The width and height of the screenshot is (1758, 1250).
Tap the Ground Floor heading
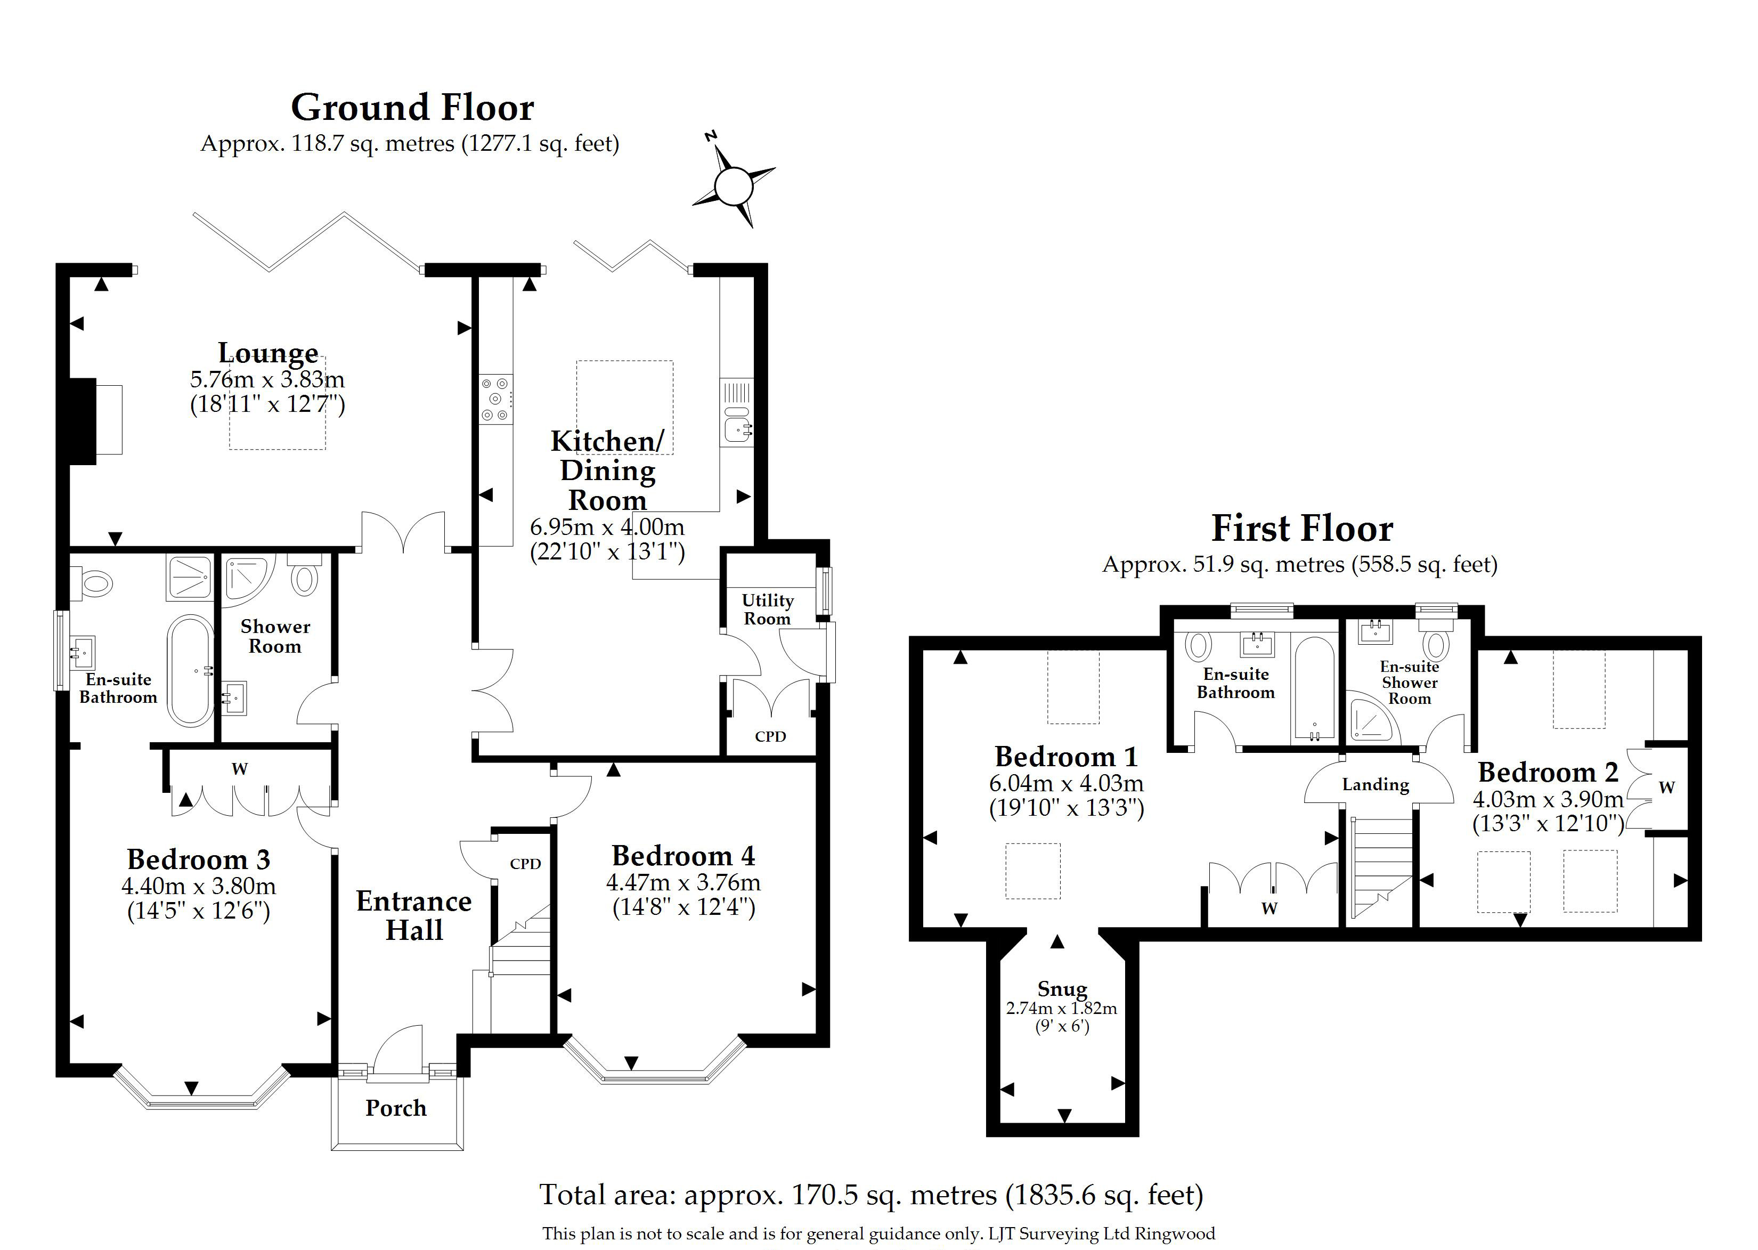(412, 108)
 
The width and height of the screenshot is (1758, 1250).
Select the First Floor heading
(1302, 529)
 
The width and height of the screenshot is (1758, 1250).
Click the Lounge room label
(268, 353)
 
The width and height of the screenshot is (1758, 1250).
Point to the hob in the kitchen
(495, 399)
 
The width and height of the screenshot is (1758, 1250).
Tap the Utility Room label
(767, 609)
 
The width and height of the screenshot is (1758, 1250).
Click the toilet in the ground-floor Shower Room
(305, 573)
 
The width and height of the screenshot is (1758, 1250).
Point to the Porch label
(395, 1108)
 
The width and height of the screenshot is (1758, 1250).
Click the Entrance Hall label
(414, 915)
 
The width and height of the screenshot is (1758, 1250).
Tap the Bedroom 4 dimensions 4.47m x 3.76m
(683, 882)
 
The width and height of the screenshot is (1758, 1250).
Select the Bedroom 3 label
(199, 859)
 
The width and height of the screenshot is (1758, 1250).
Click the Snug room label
(1062, 988)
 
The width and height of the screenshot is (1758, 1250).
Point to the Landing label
(1376, 784)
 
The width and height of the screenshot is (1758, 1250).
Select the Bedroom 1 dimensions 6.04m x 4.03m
(1067, 784)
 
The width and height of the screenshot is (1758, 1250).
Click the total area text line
(871, 1195)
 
